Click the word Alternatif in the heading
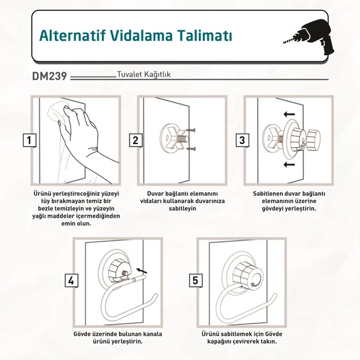click(x=72, y=35)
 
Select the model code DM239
click(x=49, y=76)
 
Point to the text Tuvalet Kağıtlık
click(x=144, y=74)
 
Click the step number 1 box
click(x=29, y=140)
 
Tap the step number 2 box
click(x=136, y=140)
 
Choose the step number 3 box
click(x=242, y=140)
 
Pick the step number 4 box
click(x=71, y=280)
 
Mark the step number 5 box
click(x=195, y=280)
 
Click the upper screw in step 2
click(x=191, y=130)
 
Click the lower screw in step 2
click(x=191, y=149)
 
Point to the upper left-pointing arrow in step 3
click(x=289, y=114)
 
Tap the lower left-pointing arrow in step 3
click(x=289, y=164)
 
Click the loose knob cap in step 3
click(x=314, y=140)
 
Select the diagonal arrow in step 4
click(x=142, y=271)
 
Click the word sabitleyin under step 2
click(x=182, y=209)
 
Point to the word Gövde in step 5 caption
click(x=274, y=334)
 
